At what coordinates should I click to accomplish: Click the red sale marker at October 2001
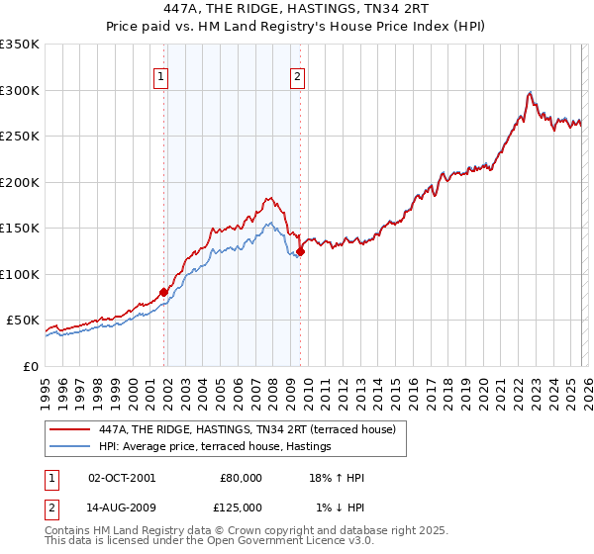[163, 292]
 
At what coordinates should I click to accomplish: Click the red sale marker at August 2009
[300, 251]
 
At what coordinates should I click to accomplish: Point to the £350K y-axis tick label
[19, 45]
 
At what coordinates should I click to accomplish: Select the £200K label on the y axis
[19, 182]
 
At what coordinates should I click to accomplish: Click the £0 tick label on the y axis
[30, 366]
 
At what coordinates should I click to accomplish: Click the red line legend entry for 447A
[247, 429]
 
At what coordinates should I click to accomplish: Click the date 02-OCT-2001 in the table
[122, 478]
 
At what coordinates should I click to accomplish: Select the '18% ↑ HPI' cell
[337, 478]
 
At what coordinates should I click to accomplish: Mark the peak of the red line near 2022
[531, 91]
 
